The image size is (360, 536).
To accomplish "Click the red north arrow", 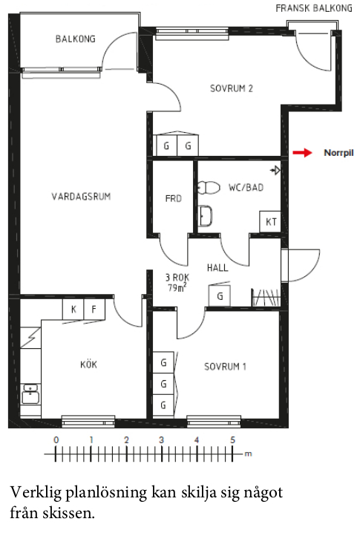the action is tap(302, 153).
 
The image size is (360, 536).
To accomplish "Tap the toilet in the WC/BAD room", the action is tap(208, 188).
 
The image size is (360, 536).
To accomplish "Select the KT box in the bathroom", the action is tap(270, 222).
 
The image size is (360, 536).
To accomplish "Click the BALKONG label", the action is tap(76, 39).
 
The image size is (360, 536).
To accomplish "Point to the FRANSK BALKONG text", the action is tap(314, 8).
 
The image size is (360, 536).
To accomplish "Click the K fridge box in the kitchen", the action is tap(73, 310).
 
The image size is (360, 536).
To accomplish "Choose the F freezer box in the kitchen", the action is tap(94, 310).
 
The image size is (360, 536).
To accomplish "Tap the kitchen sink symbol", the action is tap(30, 393).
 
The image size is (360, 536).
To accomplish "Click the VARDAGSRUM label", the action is tap(82, 197).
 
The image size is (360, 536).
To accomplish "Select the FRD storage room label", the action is tap(174, 199).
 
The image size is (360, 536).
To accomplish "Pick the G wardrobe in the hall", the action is tap(220, 296).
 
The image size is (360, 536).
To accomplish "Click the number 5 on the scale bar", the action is tap(232, 440).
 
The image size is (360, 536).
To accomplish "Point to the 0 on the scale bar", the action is tap(56, 440).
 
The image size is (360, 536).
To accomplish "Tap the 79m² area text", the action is tap(177, 288).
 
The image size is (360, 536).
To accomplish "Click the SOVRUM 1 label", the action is tap(226, 367).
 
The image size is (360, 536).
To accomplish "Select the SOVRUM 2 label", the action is tap(232, 88).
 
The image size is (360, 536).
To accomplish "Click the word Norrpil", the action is tap(338, 153).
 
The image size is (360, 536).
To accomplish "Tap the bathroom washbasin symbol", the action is tap(206, 216).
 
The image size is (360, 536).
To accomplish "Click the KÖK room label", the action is tap(88, 365).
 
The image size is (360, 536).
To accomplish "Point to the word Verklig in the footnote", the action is tap(36, 493).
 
